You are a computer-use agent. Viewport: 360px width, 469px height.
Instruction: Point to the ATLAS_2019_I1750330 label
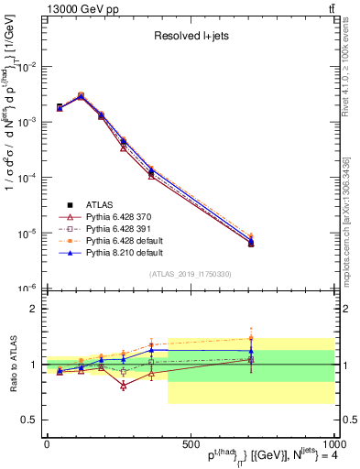pyautogui.click(x=190, y=274)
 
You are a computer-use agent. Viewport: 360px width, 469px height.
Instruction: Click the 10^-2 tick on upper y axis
pyautogui.click(x=27, y=67)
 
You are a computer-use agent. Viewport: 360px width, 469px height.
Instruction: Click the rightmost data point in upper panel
pyautogui.click(x=251, y=243)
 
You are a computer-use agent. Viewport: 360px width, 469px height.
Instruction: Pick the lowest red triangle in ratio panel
pyautogui.click(x=123, y=386)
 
